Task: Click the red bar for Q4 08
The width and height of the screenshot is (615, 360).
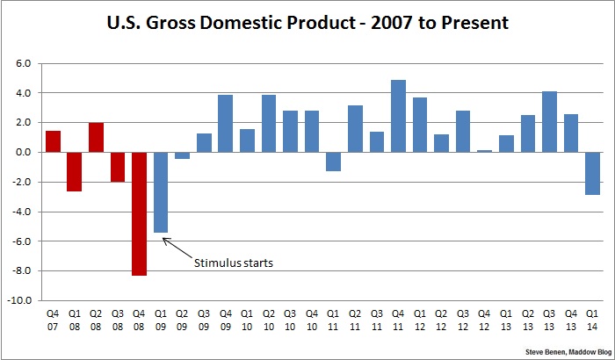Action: coord(139,213)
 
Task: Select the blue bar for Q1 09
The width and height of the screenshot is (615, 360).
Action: coord(161,192)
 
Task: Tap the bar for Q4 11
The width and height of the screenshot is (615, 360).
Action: coord(397,116)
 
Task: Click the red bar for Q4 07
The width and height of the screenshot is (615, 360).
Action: coord(53,141)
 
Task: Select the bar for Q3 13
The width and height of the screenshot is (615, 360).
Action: coord(548,122)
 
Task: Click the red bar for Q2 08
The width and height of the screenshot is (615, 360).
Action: coord(96,138)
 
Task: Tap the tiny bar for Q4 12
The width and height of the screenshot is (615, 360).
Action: coord(483,151)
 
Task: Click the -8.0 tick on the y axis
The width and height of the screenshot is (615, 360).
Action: coord(20,270)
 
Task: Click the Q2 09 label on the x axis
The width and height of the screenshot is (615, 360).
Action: coord(182,318)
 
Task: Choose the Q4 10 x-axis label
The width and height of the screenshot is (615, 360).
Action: coord(311,318)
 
